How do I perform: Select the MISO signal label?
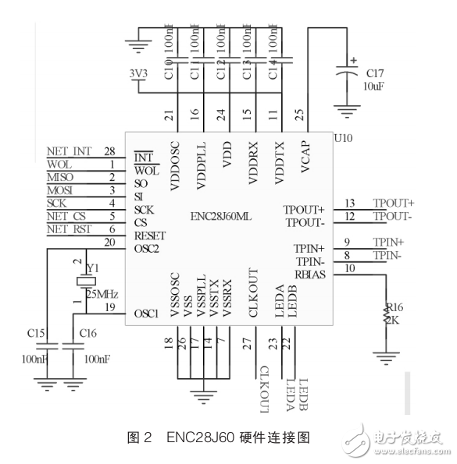[61, 177]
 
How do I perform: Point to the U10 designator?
[344, 138]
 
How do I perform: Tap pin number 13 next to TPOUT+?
[349, 204]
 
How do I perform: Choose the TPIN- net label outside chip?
[387, 255]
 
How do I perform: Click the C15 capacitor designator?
[36, 334]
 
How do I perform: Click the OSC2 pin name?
[148, 248]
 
